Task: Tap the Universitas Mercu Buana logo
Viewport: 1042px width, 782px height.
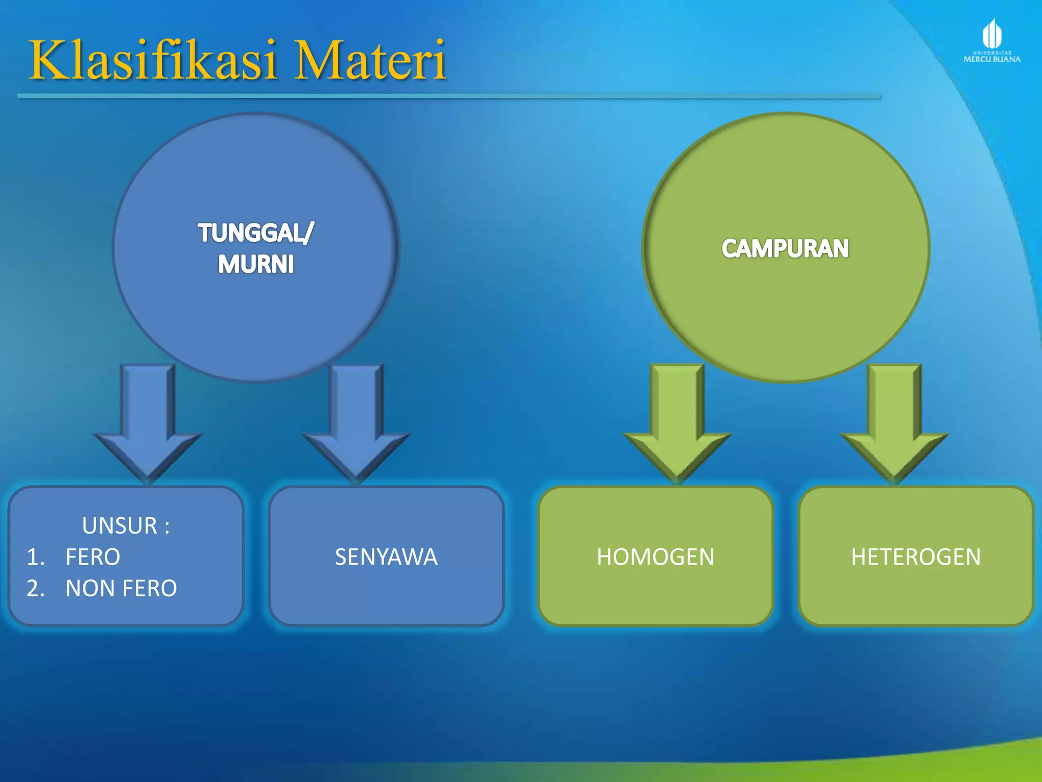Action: pyautogui.click(x=992, y=41)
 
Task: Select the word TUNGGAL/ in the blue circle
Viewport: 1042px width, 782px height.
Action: pyautogui.click(x=256, y=233)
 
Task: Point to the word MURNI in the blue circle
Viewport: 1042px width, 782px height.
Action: pyautogui.click(x=256, y=264)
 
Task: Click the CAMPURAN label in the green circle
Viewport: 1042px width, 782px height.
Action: pyautogui.click(x=785, y=248)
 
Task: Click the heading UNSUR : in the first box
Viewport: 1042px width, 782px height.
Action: pyautogui.click(x=126, y=525)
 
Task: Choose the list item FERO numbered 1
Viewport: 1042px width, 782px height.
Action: pyautogui.click(x=93, y=556)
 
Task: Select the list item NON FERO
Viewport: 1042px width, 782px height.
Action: pyautogui.click(x=121, y=588)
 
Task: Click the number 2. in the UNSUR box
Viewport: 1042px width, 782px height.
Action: pyautogui.click(x=36, y=588)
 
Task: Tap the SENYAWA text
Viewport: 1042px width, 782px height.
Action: pyautogui.click(x=386, y=556)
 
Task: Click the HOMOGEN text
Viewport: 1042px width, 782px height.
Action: pyautogui.click(x=655, y=556)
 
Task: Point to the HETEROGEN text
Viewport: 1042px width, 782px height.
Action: pyautogui.click(x=916, y=556)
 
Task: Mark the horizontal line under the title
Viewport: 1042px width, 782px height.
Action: pyautogui.click(x=448, y=96)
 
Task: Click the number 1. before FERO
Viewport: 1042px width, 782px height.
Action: pyautogui.click(x=36, y=556)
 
